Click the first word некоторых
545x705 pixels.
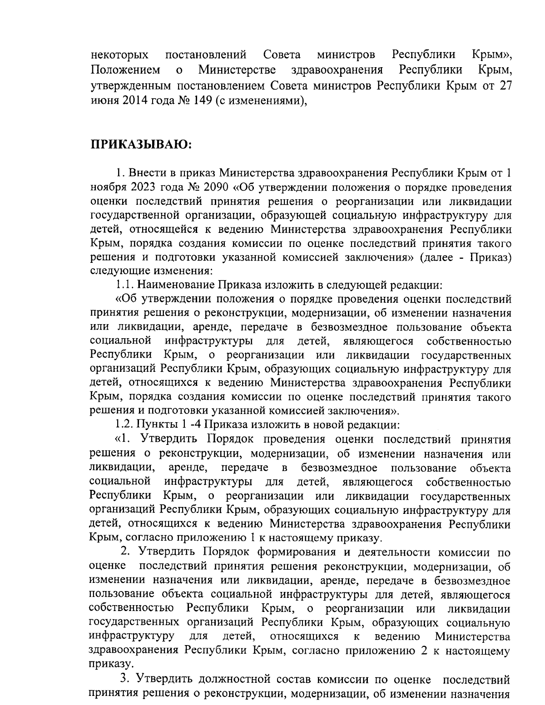(x=119, y=55)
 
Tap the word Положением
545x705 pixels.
(x=125, y=70)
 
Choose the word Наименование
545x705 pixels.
(x=176, y=285)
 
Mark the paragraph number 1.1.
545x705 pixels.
(x=124, y=285)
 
